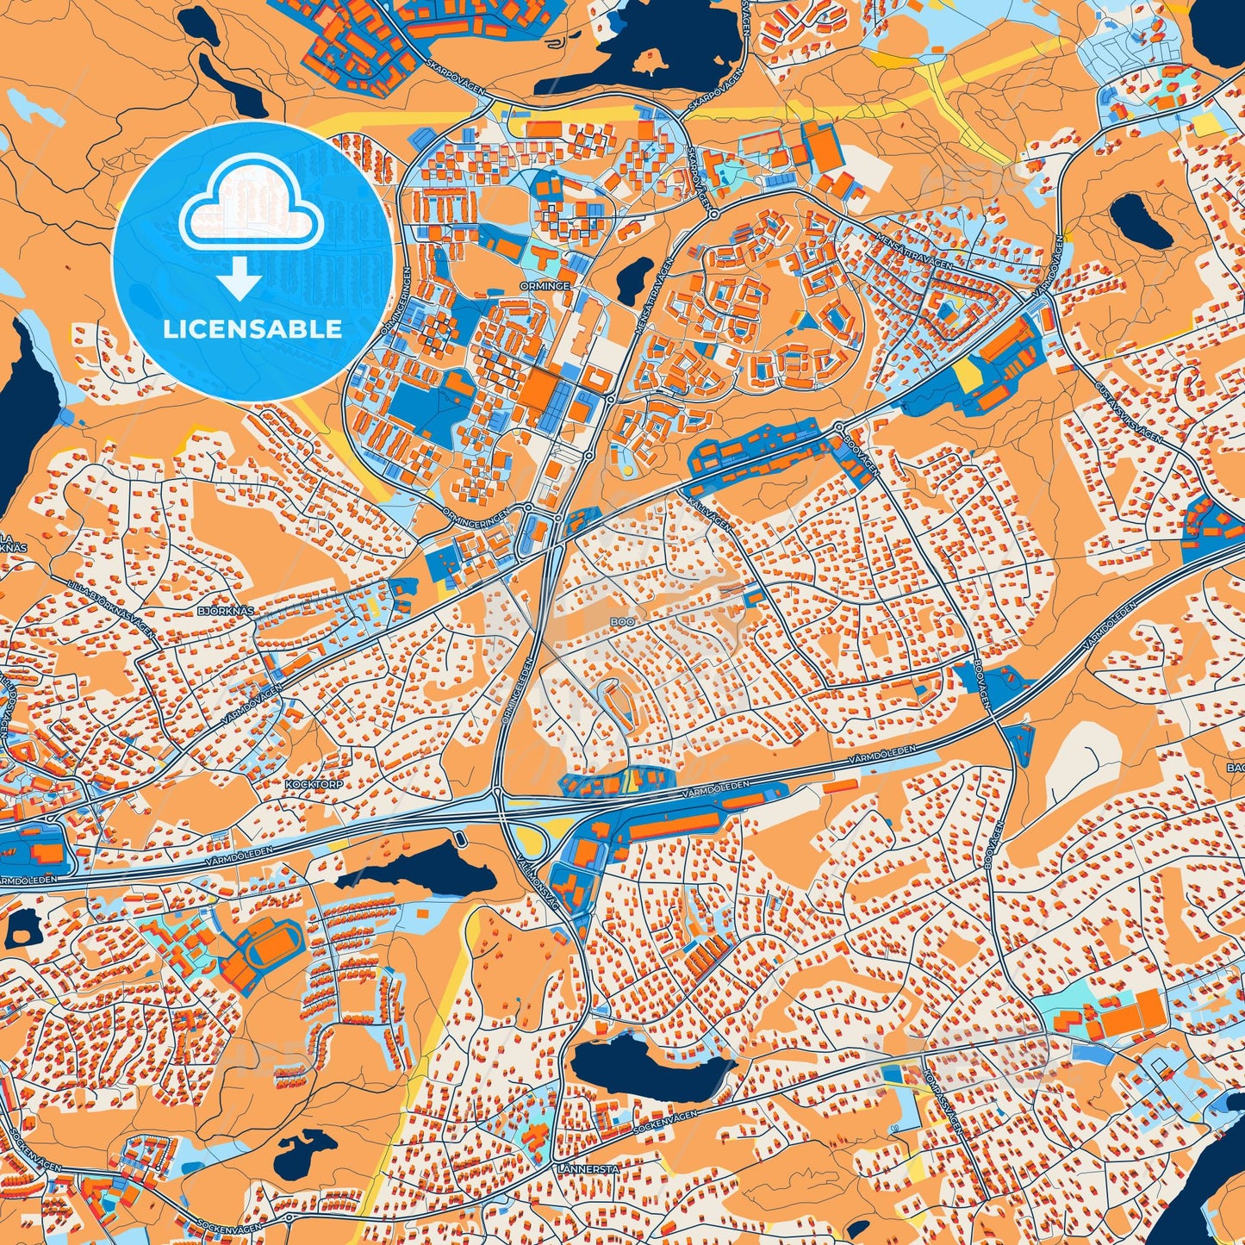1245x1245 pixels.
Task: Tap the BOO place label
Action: coord(621,620)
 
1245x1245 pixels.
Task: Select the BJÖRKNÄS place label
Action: coord(226,611)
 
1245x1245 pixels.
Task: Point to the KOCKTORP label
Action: coord(313,786)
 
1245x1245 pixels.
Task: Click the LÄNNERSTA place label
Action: coord(588,1169)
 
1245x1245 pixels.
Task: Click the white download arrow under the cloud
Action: coord(240,278)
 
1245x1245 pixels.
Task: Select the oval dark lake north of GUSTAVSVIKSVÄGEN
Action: coord(1140,220)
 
